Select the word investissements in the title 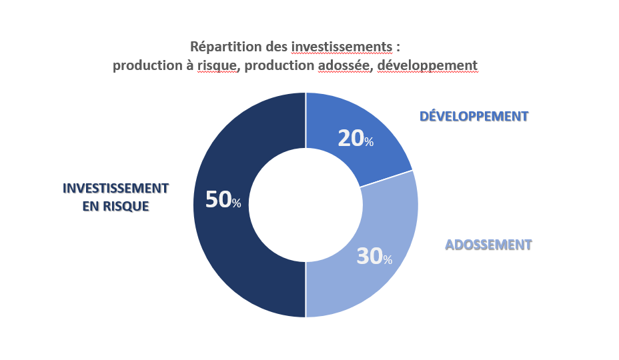pyautogui.click(x=342, y=47)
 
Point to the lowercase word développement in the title pyautogui.click(x=428, y=65)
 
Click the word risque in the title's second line pyautogui.click(x=217, y=65)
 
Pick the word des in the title pyautogui.click(x=276, y=47)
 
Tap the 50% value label pyautogui.click(x=223, y=199)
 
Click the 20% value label pyautogui.click(x=356, y=139)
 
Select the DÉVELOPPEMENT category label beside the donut pyautogui.click(x=474, y=117)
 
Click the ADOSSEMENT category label pyautogui.click(x=489, y=245)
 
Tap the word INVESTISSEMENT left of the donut pyautogui.click(x=116, y=188)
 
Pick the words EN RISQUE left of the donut pyautogui.click(x=116, y=207)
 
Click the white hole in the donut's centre pyautogui.click(x=305, y=205)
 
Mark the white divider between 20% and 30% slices pyautogui.click(x=386, y=179)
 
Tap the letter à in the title pyautogui.click(x=189, y=65)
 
